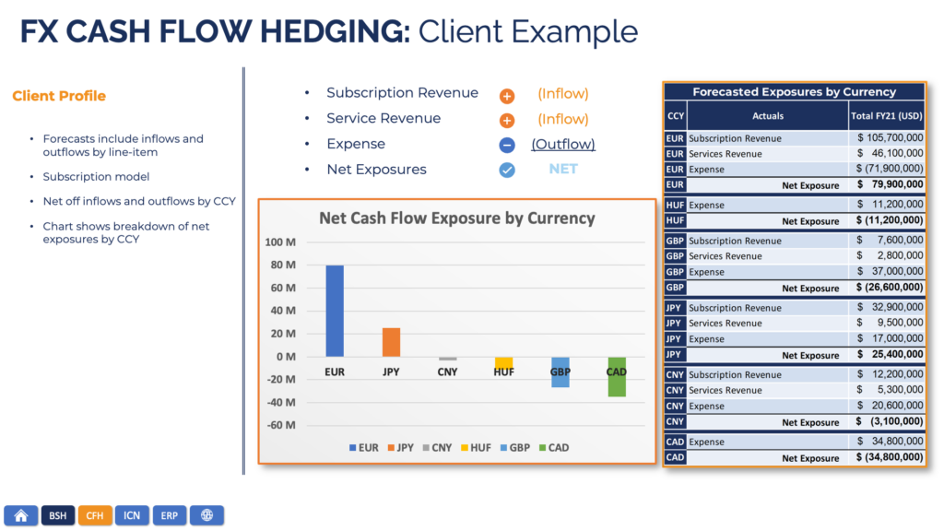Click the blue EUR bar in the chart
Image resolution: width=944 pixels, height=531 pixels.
tap(335, 311)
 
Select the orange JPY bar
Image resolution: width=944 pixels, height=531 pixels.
tap(391, 342)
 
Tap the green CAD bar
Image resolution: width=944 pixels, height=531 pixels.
tap(617, 377)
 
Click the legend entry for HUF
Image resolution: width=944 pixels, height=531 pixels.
tap(476, 448)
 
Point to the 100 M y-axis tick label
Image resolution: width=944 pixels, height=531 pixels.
tap(280, 242)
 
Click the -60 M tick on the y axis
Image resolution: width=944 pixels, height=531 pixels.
tap(281, 425)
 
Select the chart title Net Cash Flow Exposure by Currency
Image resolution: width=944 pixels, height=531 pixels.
tap(457, 218)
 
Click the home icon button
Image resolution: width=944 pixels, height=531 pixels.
tap(21, 515)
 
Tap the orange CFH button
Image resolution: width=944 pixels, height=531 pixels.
tap(95, 515)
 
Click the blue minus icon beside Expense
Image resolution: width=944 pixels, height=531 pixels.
tap(507, 145)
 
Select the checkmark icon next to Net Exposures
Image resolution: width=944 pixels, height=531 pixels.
tap(507, 171)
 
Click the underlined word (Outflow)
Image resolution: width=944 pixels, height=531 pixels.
tap(563, 145)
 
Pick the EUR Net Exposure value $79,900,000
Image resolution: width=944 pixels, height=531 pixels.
tap(890, 184)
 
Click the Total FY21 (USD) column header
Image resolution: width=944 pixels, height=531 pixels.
tap(886, 115)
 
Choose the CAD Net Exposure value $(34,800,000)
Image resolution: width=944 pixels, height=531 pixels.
tap(890, 457)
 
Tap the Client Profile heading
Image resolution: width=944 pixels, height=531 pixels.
tap(59, 96)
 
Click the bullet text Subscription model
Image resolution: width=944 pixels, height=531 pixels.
tap(96, 176)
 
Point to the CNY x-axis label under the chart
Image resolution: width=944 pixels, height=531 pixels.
tap(447, 372)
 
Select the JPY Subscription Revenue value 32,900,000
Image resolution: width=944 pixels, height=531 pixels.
tap(897, 307)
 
